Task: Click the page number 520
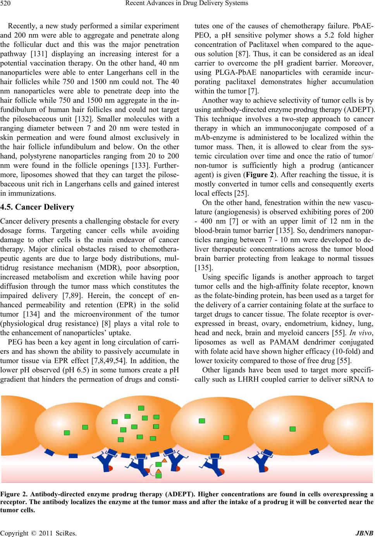(x=5, y=3)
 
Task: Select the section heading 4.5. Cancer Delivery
(x=37, y=207)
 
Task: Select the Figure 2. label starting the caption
(x=14, y=494)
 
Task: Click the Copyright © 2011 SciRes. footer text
(x=38, y=533)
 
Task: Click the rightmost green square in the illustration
(x=293, y=429)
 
